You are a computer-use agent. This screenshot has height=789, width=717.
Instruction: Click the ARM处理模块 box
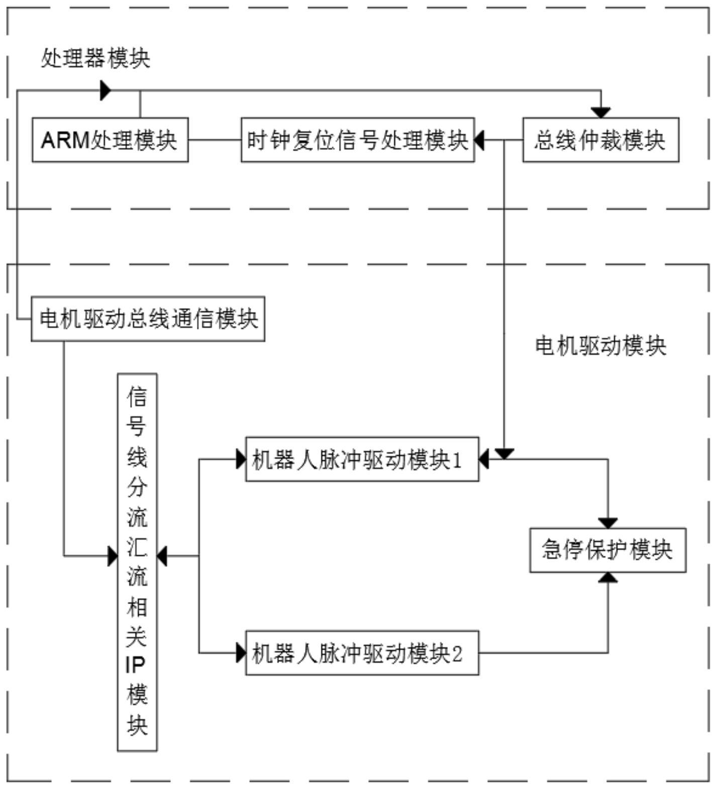click(x=110, y=140)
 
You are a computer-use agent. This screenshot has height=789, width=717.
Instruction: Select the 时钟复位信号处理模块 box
click(x=357, y=140)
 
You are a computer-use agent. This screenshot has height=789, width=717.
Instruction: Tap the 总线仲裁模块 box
click(x=600, y=140)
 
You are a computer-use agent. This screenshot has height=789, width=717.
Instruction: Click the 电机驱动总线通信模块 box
click(x=148, y=319)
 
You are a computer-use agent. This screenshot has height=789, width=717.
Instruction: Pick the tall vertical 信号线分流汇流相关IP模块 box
click(x=137, y=562)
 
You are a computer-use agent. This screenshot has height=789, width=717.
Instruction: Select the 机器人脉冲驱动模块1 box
click(x=362, y=459)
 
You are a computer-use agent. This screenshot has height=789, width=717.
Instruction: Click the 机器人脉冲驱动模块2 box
click(x=362, y=653)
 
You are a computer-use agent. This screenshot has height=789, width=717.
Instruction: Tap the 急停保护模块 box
click(x=607, y=550)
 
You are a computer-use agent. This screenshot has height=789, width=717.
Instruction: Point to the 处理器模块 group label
click(x=95, y=59)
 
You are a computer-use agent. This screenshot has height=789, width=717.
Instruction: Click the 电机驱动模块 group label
click(x=600, y=346)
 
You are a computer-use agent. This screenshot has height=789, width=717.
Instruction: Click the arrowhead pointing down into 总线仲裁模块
click(x=600, y=113)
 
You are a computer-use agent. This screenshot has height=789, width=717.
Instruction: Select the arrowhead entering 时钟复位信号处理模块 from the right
click(x=479, y=140)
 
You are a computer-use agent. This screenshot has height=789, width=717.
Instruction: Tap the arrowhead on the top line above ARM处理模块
click(x=106, y=90)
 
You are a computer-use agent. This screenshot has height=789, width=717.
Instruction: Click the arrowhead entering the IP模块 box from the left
click(x=113, y=556)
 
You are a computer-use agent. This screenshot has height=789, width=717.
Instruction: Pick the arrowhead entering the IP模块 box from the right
click(x=162, y=556)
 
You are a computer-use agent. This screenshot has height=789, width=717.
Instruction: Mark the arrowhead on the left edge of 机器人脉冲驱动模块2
click(x=241, y=653)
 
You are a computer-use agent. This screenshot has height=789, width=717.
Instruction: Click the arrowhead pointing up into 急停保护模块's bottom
click(x=608, y=577)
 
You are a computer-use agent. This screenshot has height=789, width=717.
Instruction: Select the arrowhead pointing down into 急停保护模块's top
click(x=608, y=523)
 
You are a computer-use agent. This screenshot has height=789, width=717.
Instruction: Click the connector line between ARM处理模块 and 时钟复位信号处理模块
click(x=215, y=140)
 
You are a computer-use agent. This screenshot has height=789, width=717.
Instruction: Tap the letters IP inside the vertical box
click(x=135, y=665)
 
